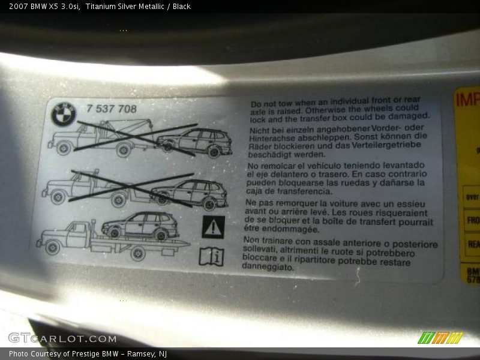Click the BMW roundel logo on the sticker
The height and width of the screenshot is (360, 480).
click(64, 114)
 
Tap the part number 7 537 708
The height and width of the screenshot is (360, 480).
click(112, 109)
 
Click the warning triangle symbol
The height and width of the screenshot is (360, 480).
click(212, 227)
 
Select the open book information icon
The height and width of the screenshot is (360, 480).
click(211, 256)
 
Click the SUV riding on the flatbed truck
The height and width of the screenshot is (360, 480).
click(140, 225)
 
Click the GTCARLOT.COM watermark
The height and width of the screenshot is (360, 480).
click(62, 338)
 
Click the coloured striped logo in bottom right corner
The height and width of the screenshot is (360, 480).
click(440, 338)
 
